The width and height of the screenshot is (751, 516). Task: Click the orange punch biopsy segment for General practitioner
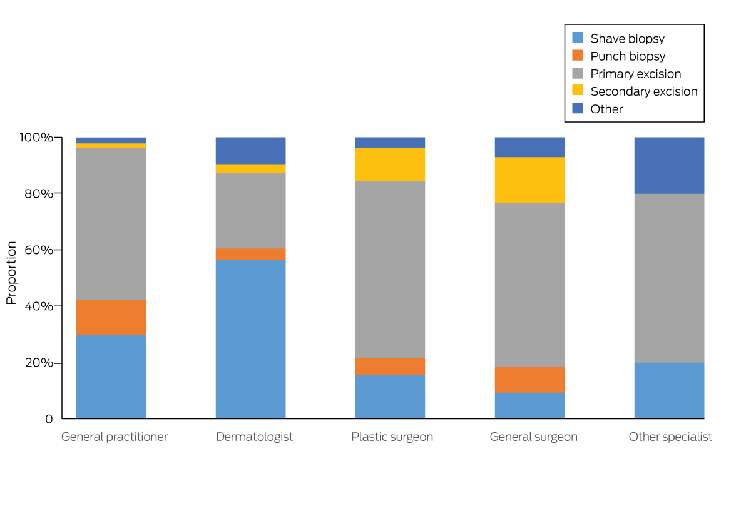[x=111, y=317]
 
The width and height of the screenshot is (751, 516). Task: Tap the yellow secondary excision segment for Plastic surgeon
[x=390, y=164]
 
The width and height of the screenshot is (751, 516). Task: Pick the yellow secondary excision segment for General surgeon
[x=529, y=180]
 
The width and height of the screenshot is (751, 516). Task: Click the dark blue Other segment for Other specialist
[x=669, y=165]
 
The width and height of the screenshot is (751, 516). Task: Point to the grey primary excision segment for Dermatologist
[x=250, y=210]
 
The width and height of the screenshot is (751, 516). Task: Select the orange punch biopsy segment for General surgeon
[x=529, y=379]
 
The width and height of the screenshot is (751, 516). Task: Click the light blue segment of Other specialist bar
[x=669, y=390]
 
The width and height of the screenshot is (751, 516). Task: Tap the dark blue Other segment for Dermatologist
[x=250, y=151]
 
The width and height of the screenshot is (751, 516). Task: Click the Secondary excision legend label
[x=644, y=91]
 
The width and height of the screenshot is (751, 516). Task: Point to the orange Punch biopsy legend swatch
[x=578, y=56]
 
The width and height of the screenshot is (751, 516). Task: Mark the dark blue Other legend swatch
[x=578, y=109]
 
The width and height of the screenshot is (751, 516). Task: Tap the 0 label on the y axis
[x=49, y=419]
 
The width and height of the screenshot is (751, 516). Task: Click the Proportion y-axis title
[x=11, y=273]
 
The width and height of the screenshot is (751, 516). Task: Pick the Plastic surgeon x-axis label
[x=392, y=437]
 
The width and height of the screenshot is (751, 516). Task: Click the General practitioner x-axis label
[x=115, y=437]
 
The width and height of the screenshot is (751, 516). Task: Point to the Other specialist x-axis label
[x=670, y=437]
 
